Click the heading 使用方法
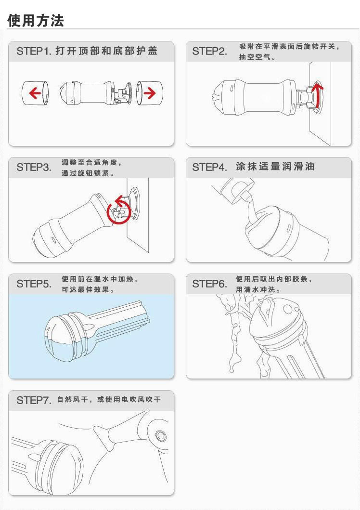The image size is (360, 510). [36, 20]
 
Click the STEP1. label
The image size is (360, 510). [34, 51]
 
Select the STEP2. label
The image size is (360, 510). [209, 51]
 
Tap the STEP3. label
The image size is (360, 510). [34, 167]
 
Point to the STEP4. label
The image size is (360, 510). [209, 167]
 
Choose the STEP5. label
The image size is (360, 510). [34, 284]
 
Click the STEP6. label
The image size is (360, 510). [209, 284]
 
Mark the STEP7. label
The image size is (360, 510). [34, 400]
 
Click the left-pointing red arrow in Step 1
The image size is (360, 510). [35, 93]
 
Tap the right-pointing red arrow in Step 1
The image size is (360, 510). [150, 93]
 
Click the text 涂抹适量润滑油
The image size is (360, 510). [275, 167]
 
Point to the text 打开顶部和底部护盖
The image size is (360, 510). [106, 51]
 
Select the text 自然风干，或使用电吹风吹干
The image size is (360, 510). [109, 399]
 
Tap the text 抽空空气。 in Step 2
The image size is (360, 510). [257, 57]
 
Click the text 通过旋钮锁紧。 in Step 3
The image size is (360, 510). [88, 173]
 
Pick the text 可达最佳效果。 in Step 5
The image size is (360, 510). [88, 289]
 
